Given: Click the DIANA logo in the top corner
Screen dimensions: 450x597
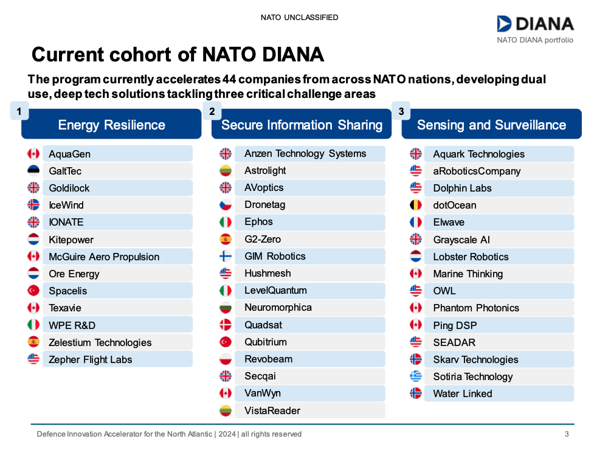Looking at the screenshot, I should click(x=535, y=24).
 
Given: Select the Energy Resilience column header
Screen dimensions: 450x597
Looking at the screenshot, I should click(x=111, y=125).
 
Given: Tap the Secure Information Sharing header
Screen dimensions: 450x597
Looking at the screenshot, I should click(x=302, y=125).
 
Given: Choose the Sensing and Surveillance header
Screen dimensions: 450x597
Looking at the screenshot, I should click(x=491, y=125).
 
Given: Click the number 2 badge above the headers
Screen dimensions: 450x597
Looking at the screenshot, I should click(x=212, y=111).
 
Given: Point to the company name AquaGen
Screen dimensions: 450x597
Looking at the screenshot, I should click(x=69, y=154).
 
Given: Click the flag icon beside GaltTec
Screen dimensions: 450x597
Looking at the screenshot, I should click(x=33, y=171).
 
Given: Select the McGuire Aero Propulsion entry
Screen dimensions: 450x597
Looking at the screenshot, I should click(x=104, y=257).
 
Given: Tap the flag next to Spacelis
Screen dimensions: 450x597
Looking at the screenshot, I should click(x=33, y=291).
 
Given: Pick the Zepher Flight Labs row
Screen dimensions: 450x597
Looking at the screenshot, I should click(x=90, y=359).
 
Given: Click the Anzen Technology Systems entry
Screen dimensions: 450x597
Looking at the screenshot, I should click(x=305, y=153).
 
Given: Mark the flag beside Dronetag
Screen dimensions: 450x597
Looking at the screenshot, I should click(x=226, y=205).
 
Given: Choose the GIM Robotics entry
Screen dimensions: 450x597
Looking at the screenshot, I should click(x=275, y=256).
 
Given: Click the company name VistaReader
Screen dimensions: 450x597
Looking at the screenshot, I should click(x=272, y=410).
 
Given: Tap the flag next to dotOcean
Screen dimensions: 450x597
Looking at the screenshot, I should click(x=416, y=205).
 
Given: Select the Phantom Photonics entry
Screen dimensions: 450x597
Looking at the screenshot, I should click(x=476, y=308).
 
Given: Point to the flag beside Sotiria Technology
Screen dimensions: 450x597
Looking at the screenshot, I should click(x=416, y=376).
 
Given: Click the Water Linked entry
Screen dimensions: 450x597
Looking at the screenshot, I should click(x=463, y=393).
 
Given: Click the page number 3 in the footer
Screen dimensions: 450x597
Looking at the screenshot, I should click(x=567, y=434).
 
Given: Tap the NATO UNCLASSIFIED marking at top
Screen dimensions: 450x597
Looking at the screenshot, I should click(x=299, y=18).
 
